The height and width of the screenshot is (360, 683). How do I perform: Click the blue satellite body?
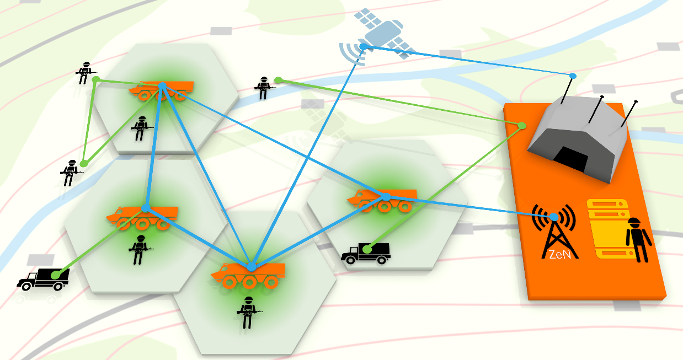383,34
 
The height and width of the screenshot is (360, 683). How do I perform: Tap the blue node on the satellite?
364,47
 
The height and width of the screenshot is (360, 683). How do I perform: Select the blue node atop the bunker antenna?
573,76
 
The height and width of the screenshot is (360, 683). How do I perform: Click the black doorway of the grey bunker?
570,159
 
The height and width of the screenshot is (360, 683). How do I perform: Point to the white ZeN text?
560,254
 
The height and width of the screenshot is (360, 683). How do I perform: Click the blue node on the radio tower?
554,217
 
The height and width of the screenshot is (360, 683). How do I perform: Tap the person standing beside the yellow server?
638,240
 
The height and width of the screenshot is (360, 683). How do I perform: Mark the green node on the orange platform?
522,125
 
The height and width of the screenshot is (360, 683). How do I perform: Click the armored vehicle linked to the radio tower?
382,200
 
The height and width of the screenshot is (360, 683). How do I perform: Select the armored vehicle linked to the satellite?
248,275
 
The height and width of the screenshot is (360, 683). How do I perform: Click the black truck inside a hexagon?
366,253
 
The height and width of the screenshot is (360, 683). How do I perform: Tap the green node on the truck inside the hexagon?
367,249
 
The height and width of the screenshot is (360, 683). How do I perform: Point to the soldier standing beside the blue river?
264,88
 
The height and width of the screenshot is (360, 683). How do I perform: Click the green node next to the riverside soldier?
278,80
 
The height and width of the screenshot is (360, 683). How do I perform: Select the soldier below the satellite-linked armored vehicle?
249,313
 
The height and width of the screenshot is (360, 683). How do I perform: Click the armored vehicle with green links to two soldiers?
161,90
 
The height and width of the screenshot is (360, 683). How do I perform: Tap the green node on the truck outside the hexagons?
55,275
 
